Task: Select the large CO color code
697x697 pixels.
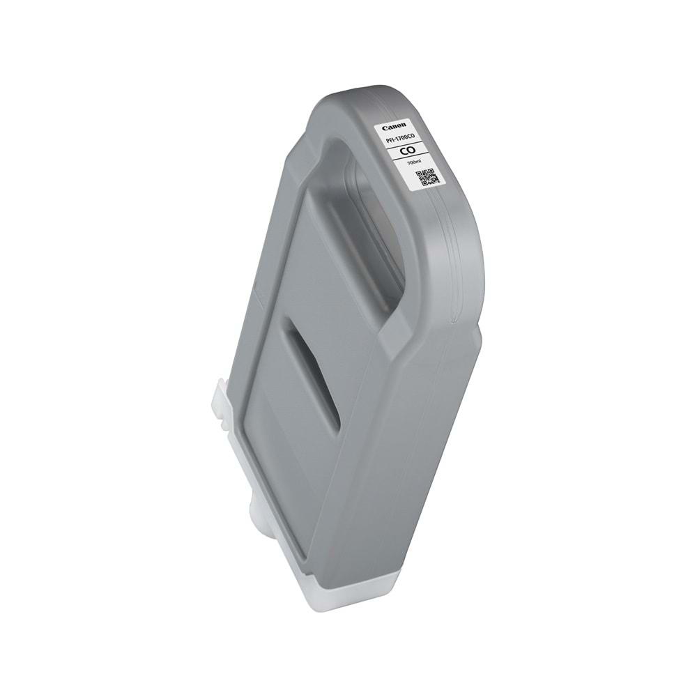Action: coord(408,151)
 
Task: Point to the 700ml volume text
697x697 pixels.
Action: coord(413,162)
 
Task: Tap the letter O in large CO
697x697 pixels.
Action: coord(412,151)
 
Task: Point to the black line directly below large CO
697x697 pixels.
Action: coord(411,158)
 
